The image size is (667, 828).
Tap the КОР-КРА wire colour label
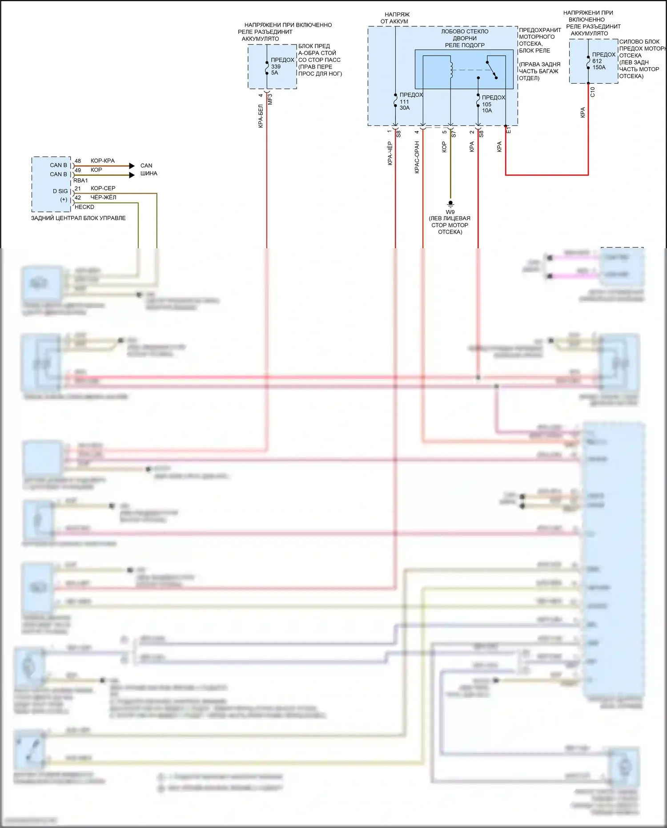[102, 161]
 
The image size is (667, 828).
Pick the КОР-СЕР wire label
[103, 188]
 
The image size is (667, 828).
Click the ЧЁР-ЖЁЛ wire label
[103, 198]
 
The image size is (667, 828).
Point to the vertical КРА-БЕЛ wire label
[261, 116]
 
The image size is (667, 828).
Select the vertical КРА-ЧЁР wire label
[390, 153]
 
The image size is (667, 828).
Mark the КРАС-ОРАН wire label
[417, 157]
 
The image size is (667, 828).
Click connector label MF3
[270, 99]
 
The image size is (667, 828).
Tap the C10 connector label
[592, 92]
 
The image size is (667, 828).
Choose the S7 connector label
[454, 133]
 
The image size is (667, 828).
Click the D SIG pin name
[60, 191]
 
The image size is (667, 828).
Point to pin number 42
[78, 198]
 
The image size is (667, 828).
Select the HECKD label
[84, 207]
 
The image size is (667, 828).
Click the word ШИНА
[149, 174]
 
